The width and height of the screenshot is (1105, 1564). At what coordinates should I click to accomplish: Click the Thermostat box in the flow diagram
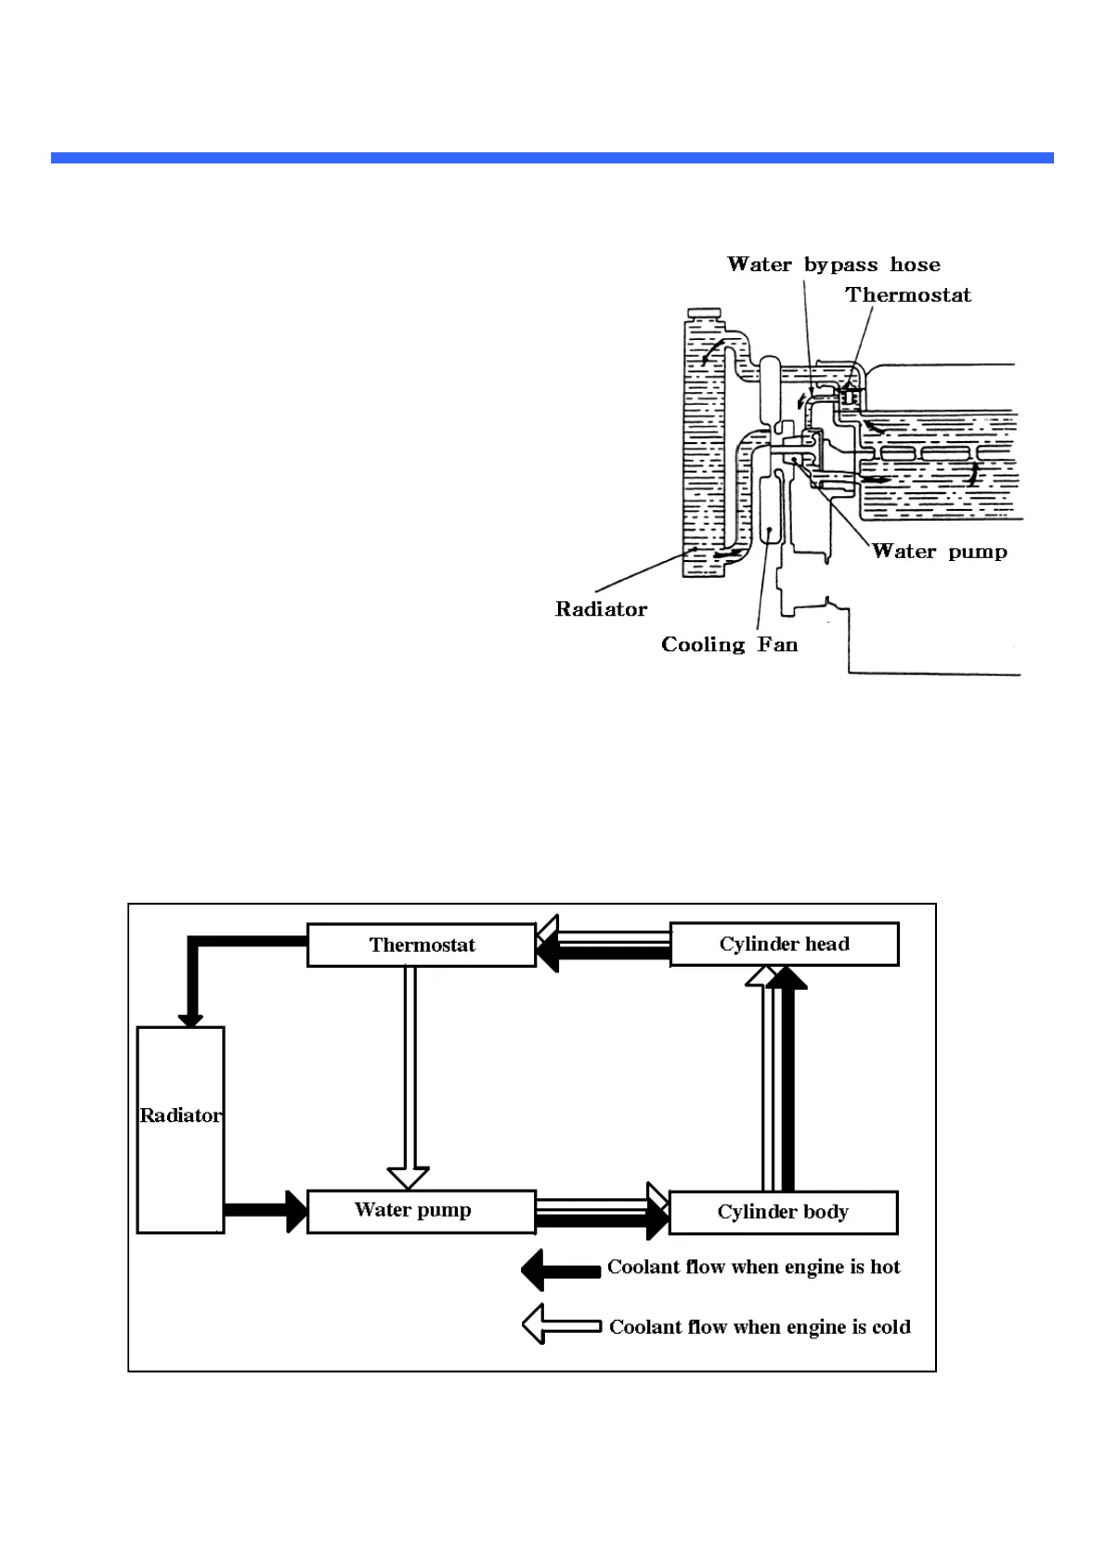pyautogui.click(x=422, y=945)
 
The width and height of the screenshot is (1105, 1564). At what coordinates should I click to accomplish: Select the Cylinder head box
pyautogui.click(x=784, y=944)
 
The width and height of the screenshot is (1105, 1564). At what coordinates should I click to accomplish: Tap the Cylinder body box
pyautogui.click(x=783, y=1212)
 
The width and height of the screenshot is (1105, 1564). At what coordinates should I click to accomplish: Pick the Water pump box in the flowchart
pyautogui.click(x=422, y=1211)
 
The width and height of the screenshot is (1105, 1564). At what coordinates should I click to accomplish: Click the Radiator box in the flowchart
pyautogui.click(x=181, y=1129)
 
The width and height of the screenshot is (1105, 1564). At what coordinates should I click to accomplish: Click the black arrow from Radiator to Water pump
pyautogui.click(x=266, y=1211)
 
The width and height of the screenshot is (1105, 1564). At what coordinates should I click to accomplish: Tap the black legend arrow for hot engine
pyautogui.click(x=561, y=1270)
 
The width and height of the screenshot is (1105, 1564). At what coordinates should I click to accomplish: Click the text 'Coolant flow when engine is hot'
pyautogui.click(x=753, y=1267)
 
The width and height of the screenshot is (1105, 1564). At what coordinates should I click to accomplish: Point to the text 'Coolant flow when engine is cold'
pyautogui.click(x=760, y=1326)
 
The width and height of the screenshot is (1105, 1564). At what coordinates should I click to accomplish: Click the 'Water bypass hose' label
pyautogui.click(x=834, y=265)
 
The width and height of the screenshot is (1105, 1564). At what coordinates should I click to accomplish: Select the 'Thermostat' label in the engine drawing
pyautogui.click(x=908, y=294)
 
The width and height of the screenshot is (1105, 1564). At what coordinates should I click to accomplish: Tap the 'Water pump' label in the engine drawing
pyautogui.click(x=940, y=552)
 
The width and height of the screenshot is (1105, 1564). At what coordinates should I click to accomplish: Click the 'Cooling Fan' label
pyautogui.click(x=730, y=645)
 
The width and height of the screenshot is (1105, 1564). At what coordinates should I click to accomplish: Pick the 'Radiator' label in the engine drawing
pyautogui.click(x=601, y=609)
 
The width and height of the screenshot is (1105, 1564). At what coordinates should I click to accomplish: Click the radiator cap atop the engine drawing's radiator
pyautogui.click(x=704, y=313)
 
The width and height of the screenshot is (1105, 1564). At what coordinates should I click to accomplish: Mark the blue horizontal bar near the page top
pyautogui.click(x=552, y=158)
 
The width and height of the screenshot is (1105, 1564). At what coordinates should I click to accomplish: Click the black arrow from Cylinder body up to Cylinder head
pyautogui.click(x=786, y=1078)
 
